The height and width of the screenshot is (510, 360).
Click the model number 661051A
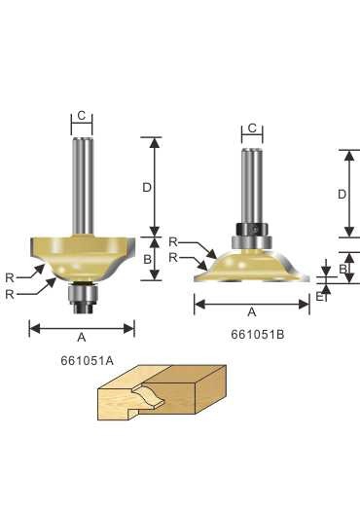[x=87, y=361]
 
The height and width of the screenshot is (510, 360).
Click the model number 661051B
[x=257, y=335]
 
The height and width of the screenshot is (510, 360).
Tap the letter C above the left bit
[x=82, y=115]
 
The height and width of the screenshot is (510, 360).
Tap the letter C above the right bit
[x=252, y=128]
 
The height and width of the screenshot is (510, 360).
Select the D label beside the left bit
[x=147, y=187]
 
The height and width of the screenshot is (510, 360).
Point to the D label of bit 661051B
[x=342, y=195]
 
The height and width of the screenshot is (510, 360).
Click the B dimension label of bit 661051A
[x=147, y=259]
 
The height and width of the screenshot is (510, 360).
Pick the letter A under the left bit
[x=82, y=338]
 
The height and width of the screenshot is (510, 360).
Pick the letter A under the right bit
[x=252, y=312]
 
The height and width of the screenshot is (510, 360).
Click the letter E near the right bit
[x=319, y=297]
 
